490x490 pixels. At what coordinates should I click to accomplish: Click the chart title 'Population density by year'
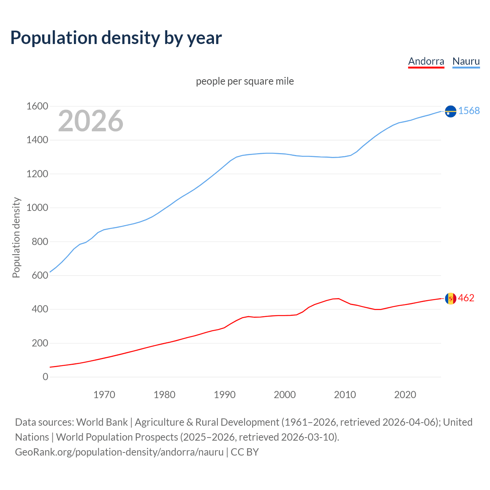[x=116, y=38]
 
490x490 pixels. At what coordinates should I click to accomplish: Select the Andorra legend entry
[x=426, y=61]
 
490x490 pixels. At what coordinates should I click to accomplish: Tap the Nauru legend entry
[x=466, y=61]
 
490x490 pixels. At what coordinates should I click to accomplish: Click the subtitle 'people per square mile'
[x=245, y=81]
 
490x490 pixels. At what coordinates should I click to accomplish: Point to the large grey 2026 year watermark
[x=91, y=121]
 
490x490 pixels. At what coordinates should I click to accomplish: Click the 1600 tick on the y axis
[x=37, y=106]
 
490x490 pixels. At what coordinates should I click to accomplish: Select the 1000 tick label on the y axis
[x=37, y=208]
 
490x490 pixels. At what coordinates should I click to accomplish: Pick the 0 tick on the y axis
[x=46, y=377]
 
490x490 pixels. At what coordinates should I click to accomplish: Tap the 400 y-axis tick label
[x=40, y=309]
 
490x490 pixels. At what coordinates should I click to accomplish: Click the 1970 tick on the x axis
[x=104, y=395]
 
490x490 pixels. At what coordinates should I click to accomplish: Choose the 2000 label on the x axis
[x=284, y=395]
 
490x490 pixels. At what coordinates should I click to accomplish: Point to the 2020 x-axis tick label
[x=405, y=395]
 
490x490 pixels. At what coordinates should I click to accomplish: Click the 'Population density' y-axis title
[x=16, y=237]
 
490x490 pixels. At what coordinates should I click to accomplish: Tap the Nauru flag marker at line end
[x=451, y=111]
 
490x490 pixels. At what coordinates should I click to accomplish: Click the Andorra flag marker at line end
[x=451, y=298]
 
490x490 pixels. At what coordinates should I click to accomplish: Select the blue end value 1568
[x=469, y=111]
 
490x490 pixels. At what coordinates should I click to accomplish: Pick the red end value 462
[x=466, y=298]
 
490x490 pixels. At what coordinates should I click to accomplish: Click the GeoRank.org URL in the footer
[x=119, y=452]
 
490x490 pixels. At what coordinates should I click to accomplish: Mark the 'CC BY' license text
[x=245, y=452]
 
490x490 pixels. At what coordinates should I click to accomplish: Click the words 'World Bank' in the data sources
[x=102, y=422]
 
